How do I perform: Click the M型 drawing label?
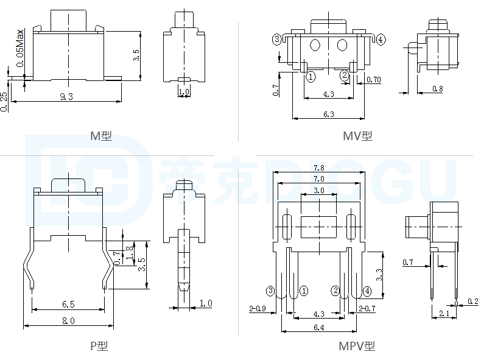pos(100,136)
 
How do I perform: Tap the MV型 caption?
pos(357,136)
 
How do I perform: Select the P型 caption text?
pos(99,346)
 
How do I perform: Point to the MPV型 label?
pos(357,346)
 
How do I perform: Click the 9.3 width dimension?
pos(66,97)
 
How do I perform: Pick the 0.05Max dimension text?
pos(20,48)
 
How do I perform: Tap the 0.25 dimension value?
pos(4,102)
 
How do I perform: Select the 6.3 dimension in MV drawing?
pos(329,114)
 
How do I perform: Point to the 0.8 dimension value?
pos(437,89)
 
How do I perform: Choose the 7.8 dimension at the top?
pos(318,168)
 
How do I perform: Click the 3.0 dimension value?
pos(318,191)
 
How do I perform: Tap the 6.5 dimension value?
pos(68,303)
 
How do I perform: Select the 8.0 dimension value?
pos(68,321)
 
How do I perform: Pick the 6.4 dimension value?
pos(318,327)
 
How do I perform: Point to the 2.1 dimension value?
pos(444,314)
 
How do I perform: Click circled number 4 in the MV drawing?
pos(381,40)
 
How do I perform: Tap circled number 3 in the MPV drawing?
pos(270,291)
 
